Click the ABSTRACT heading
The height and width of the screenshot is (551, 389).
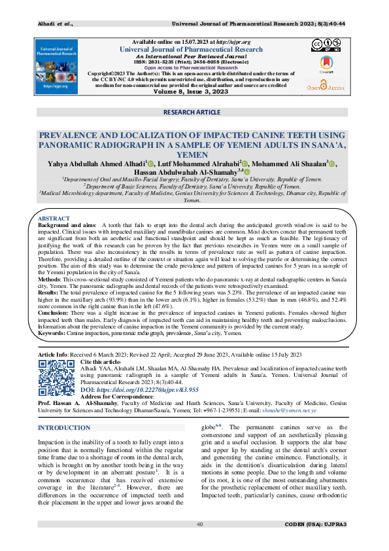(54, 218)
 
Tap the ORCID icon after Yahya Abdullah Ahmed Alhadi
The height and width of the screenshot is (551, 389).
(150, 164)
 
